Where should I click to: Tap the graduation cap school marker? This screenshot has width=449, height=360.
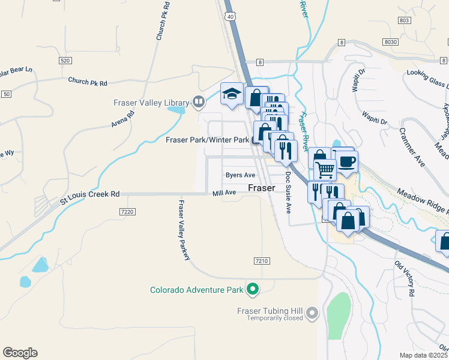[232, 94]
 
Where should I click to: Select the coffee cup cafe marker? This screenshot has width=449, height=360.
[347, 161]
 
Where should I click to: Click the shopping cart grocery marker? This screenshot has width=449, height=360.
[325, 170]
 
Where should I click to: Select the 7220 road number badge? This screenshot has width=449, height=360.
[127, 212]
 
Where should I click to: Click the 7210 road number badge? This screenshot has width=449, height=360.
[261, 261]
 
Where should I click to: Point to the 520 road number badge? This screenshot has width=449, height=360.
[66, 61]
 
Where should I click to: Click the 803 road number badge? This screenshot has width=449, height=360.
[404, 20]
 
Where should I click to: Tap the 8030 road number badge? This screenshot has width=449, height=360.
[391, 41]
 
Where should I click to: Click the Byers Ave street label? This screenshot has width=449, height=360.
[240, 175]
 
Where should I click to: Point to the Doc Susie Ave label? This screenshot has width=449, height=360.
[288, 193]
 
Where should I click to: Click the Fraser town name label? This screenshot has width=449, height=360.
[262, 188]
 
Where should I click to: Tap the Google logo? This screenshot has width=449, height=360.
[20, 353]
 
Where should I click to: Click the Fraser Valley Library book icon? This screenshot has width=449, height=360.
[198, 102]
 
